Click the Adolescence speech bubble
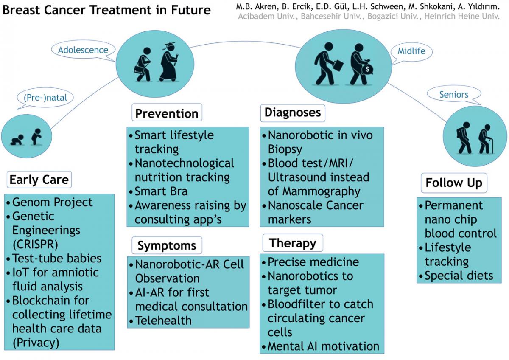pyautogui.click(x=83, y=50)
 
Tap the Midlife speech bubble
pyautogui.click(x=411, y=52)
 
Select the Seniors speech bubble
pyautogui.click(x=454, y=94)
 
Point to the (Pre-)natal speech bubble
pyautogui.click(x=45, y=98)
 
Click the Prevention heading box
pyautogui.click(x=167, y=112)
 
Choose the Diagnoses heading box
pyautogui.click(x=293, y=113)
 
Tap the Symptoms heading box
pyautogui.click(x=167, y=245)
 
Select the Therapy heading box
pyautogui.click(x=293, y=243)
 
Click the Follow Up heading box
pyautogui.click(x=454, y=183)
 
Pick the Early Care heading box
pyautogui.click(x=39, y=180)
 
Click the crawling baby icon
pyautogui.click(x=17, y=140)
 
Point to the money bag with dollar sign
pyautogui.click(x=367, y=68)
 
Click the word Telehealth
pyautogui.click(x=164, y=321)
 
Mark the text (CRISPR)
pyautogui.click(x=36, y=245)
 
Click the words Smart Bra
pyautogui.click(x=161, y=191)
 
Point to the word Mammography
pyautogui.click(x=322, y=192)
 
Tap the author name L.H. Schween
pyautogui.click(x=378, y=7)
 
